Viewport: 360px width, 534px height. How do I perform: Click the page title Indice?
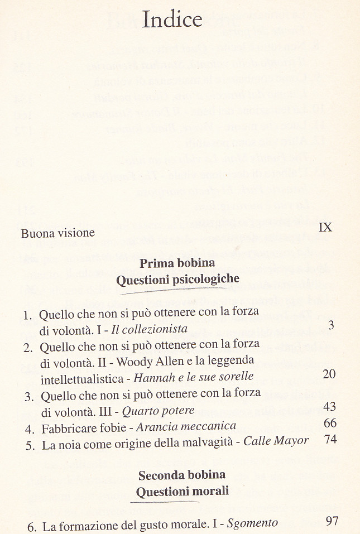click(x=172, y=20)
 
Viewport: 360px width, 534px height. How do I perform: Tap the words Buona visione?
click(x=58, y=233)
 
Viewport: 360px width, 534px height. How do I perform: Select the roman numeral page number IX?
click(x=325, y=227)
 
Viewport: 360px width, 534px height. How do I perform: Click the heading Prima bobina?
click(x=177, y=263)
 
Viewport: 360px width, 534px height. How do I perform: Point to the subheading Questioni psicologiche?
click(x=177, y=279)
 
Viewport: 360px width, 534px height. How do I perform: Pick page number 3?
click(x=331, y=325)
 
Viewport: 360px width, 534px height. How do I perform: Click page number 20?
click(x=329, y=373)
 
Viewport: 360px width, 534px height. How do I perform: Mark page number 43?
click(x=329, y=407)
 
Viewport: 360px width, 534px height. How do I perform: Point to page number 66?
click(x=330, y=424)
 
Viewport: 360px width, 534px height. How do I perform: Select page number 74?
click(x=330, y=439)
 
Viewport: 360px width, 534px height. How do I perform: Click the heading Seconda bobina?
click(x=182, y=476)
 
